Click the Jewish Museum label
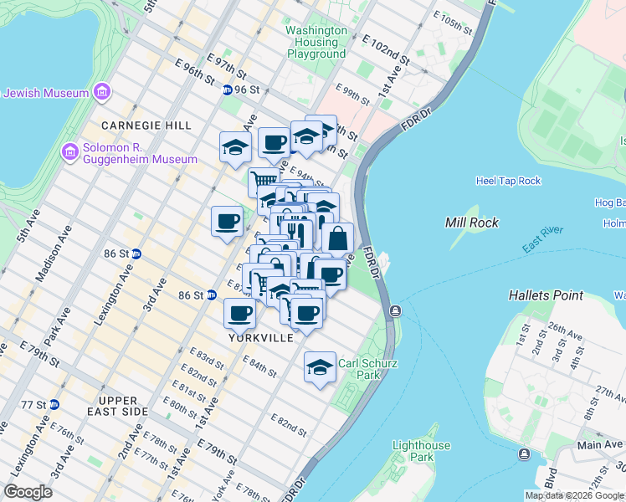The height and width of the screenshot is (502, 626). [47, 92]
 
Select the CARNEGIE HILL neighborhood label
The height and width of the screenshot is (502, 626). [146, 125]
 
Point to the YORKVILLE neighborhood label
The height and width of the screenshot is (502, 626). [261, 338]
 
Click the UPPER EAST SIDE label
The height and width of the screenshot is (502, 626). [123, 406]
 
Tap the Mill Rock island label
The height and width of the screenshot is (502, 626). [472, 223]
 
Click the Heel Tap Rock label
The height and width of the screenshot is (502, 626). [508, 181]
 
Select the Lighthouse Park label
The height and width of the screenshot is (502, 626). [422, 452]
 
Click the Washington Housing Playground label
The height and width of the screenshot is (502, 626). [316, 42]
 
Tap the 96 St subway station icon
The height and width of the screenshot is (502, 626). [227, 90]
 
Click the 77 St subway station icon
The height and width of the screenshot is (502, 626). [54, 404]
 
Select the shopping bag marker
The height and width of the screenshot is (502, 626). [337, 239]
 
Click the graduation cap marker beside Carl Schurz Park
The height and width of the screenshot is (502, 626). [319, 367]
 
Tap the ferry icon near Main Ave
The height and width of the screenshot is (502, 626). [525, 454]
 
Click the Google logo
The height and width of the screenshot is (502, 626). [28, 492]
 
